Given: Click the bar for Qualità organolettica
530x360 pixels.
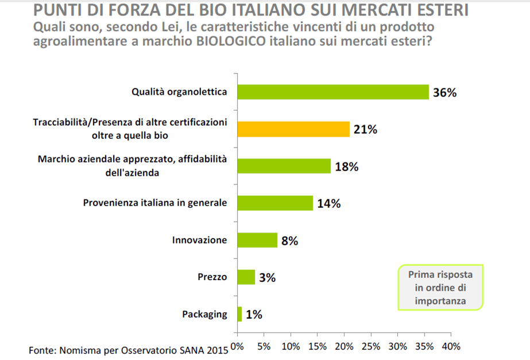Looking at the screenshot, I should click(x=332, y=92).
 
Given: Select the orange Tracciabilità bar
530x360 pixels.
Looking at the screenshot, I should click(x=293, y=129).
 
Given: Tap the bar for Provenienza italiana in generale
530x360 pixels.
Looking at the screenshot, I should click(x=274, y=203).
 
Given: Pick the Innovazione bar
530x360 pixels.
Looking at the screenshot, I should click(x=257, y=240).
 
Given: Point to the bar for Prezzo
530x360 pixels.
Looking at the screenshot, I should click(x=245, y=277).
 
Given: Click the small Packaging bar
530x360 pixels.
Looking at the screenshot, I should click(x=239, y=314).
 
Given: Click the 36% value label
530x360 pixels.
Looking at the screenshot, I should click(x=444, y=92).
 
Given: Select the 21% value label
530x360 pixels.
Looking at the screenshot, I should click(x=365, y=130).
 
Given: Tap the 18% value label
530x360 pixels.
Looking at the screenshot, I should click(x=346, y=167).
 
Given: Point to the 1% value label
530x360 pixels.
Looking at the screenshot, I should click(x=254, y=315).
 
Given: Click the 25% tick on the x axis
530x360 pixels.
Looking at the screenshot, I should click(x=371, y=347).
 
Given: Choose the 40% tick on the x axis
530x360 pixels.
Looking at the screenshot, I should click(x=451, y=347).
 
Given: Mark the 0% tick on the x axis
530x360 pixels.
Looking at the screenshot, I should click(x=237, y=347).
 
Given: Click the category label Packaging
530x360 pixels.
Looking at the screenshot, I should click(x=204, y=315).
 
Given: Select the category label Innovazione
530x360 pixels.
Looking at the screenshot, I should click(x=199, y=241).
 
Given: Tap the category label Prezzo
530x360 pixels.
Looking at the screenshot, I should click(x=212, y=277).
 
